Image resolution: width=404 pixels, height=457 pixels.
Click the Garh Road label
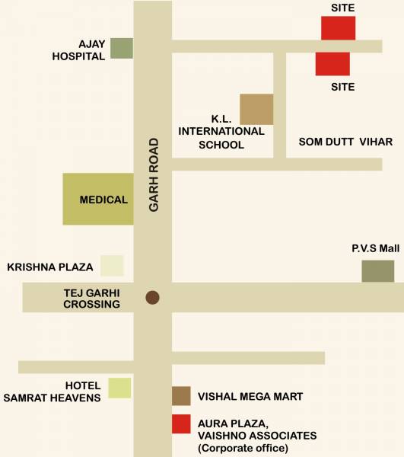point(154,174)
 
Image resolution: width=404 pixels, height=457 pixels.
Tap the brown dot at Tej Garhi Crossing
point(152,297)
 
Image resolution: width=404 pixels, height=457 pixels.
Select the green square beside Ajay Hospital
point(122,48)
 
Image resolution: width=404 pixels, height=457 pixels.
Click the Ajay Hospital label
point(78,50)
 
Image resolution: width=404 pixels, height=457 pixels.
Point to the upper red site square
point(338,28)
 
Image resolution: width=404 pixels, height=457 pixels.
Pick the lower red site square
point(332,64)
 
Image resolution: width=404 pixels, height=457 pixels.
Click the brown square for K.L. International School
point(256,109)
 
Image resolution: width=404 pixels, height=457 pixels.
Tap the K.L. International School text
point(221,131)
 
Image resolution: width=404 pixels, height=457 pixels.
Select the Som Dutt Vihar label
point(345,142)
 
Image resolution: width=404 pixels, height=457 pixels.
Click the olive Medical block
point(97,199)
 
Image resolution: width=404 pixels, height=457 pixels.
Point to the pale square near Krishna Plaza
point(113,265)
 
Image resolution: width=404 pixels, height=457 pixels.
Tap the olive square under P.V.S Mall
point(377,271)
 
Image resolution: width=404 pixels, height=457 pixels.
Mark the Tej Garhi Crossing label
point(91,298)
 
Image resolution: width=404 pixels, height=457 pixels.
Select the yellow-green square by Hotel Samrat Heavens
point(119,388)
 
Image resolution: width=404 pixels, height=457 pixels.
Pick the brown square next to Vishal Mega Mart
point(181,396)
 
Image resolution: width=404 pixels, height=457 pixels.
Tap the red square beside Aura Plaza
point(181,423)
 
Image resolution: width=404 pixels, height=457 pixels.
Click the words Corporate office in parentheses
point(243,449)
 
